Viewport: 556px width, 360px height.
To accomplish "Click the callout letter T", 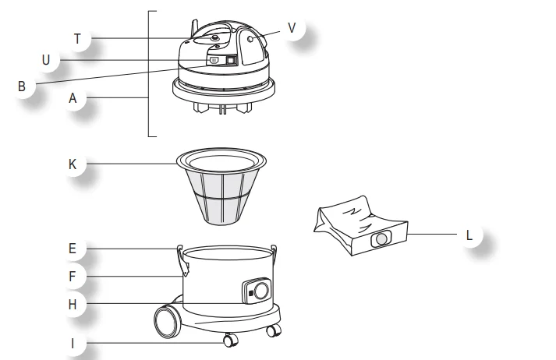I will (77, 38).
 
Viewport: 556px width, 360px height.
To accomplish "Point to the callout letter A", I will (73, 98).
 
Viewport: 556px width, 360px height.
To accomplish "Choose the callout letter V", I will (292, 27).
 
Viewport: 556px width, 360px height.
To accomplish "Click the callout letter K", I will (73, 164).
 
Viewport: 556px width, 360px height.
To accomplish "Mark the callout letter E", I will (73, 249).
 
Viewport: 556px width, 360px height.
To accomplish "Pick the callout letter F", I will (73, 275).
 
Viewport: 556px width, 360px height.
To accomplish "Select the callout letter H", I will (73, 304).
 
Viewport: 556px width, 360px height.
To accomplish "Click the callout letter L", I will (468, 233).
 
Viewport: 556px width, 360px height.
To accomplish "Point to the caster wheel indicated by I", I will (228, 341).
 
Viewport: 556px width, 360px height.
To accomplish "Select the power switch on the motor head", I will (230, 60).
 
